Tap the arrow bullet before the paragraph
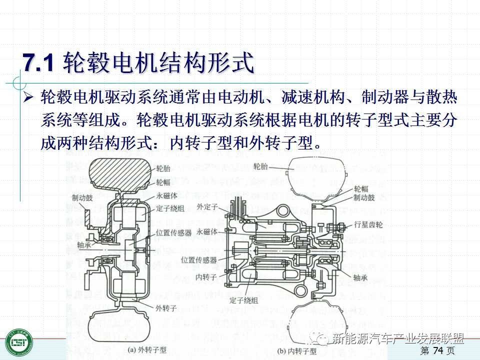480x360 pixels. tap(28, 96)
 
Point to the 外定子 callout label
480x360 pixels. tap(207, 206)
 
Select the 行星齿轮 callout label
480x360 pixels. tap(368, 224)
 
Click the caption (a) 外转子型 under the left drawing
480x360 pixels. tap(147, 350)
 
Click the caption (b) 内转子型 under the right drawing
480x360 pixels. tap(297, 351)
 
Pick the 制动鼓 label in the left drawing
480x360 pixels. tap(82, 197)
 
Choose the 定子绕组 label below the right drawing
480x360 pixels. tap(244, 300)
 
